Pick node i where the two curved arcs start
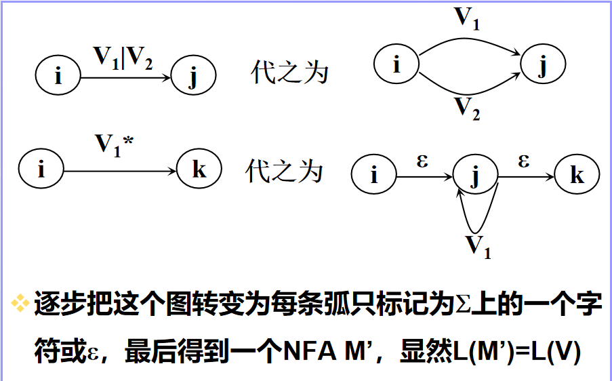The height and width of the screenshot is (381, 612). click(396, 65)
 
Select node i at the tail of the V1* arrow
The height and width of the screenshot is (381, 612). click(41, 169)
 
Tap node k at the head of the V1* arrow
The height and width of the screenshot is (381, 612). click(199, 169)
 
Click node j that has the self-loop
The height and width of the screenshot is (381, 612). click(475, 176)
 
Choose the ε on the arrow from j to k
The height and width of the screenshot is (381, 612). click(524, 163)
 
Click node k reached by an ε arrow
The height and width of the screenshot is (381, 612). click(577, 176)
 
